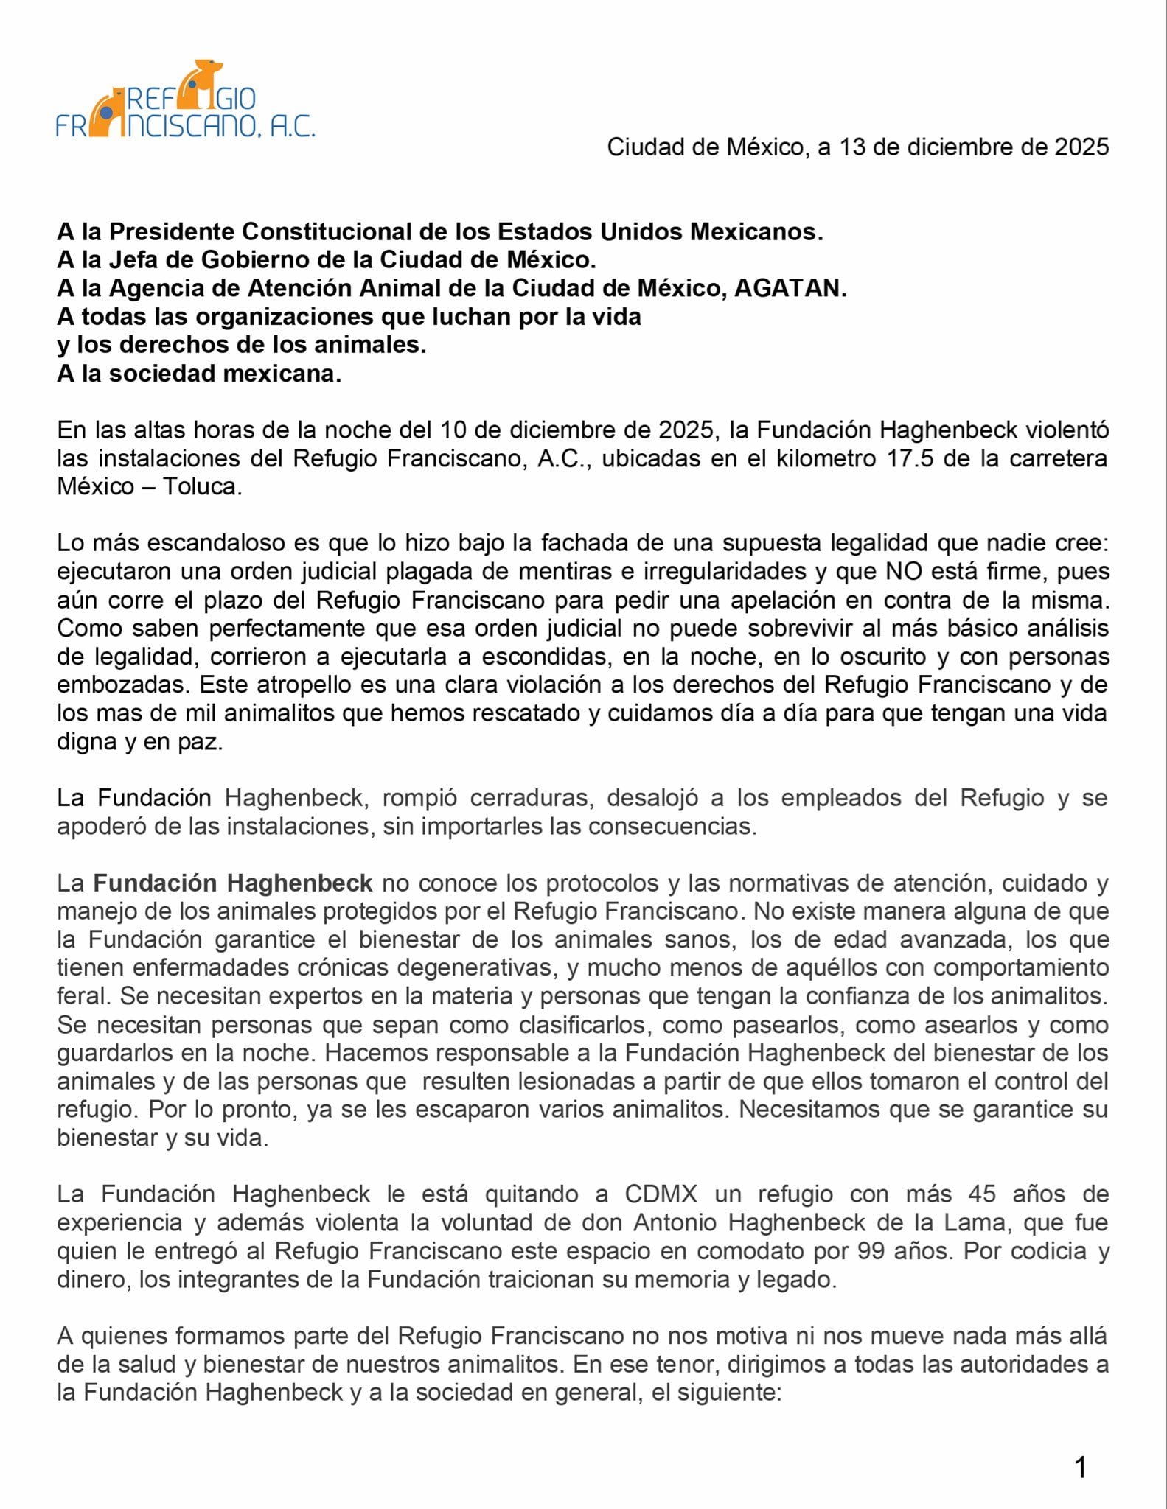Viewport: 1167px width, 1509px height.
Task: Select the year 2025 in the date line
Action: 1081,147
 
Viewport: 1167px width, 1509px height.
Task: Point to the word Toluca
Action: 201,487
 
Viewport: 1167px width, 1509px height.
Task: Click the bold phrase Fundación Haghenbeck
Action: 232,883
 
